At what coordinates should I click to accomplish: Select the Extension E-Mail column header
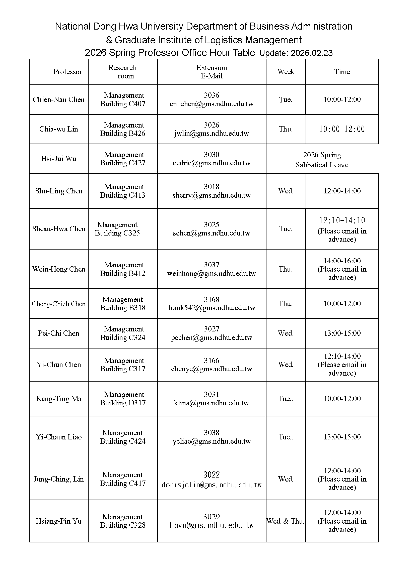(x=211, y=72)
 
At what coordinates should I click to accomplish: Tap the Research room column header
(x=123, y=72)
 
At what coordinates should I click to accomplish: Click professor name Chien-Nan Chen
(x=58, y=99)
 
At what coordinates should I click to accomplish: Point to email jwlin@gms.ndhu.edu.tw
(x=211, y=134)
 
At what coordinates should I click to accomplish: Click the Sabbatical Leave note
(x=322, y=165)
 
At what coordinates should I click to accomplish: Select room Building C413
(x=123, y=195)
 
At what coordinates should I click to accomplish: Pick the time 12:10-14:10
(x=342, y=220)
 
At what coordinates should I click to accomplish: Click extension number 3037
(x=211, y=265)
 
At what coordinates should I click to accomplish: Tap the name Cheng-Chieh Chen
(x=58, y=304)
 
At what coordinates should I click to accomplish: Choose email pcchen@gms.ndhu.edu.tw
(x=211, y=338)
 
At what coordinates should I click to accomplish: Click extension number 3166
(x=211, y=360)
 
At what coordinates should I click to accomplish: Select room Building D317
(x=123, y=403)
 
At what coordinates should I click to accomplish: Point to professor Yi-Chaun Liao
(x=58, y=437)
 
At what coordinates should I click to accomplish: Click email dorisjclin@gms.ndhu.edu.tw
(x=211, y=485)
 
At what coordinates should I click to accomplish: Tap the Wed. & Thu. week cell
(x=286, y=521)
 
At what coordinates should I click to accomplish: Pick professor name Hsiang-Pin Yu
(x=58, y=521)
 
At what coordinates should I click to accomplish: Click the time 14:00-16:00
(x=342, y=261)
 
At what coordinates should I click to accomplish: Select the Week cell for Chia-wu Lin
(x=286, y=129)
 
